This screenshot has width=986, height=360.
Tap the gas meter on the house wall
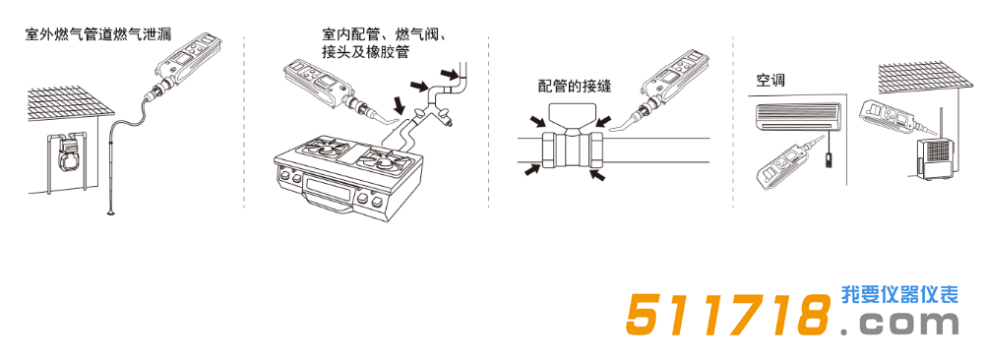(70, 154)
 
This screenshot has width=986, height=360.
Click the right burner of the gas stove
(381, 156)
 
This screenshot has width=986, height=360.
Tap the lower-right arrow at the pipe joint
(598, 176)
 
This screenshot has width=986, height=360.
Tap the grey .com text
(899, 325)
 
